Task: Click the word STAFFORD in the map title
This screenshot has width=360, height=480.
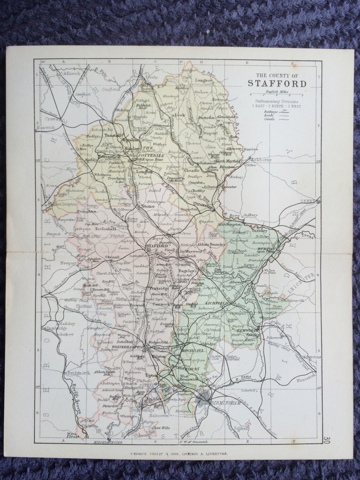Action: pyautogui.click(x=277, y=84)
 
